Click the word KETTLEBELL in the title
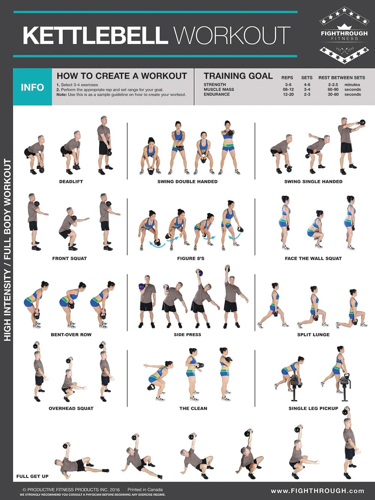point(95,35)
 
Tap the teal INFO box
point(32,87)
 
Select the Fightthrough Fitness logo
point(344,34)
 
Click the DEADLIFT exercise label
point(71,181)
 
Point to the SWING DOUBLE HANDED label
point(187,181)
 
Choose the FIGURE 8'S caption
point(190,258)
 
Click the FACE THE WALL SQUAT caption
point(313,258)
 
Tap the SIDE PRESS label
point(187,335)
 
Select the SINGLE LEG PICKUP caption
point(313,408)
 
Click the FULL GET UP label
point(33,476)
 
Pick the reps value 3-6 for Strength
point(288,85)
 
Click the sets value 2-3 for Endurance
point(307,94)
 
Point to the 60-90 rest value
point(333,90)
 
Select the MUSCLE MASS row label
point(219,90)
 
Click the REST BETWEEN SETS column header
point(341,78)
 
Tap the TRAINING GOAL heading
point(238,76)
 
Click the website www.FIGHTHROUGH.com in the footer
point(317,491)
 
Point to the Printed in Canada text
point(145,490)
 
